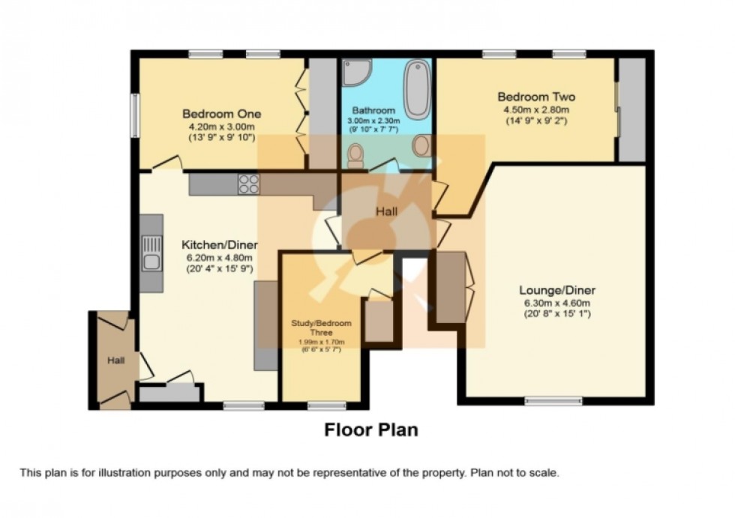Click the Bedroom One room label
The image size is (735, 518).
(x=222, y=114)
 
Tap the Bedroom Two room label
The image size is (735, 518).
(x=536, y=97)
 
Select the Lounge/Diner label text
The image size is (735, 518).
(x=557, y=290)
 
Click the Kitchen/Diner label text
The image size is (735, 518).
(x=220, y=245)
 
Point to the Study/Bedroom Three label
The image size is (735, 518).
(x=321, y=328)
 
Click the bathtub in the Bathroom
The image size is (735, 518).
(x=416, y=89)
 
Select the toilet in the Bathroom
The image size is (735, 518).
(x=355, y=155)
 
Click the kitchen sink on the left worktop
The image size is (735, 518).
(x=151, y=252)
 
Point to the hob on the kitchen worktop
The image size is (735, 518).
(x=248, y=184)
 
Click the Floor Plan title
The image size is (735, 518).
(x=370, y=430)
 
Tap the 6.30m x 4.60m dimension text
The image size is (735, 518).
(x=557, y=303)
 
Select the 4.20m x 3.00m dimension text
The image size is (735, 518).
(x=222, y=127)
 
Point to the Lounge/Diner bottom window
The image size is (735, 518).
(x=553, y=402)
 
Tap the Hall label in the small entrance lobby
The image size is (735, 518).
(x=115, y=361)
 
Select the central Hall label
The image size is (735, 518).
(x=387, y=212)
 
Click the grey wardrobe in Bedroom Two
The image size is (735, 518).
(x=631, y=109)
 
